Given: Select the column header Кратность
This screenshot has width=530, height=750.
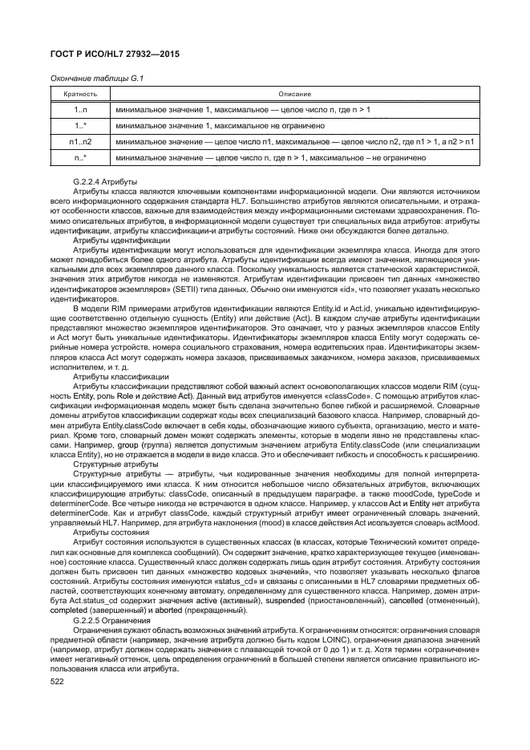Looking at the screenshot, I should coord(80,93).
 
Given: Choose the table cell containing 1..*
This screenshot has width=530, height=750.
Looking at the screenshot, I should coord(80,125).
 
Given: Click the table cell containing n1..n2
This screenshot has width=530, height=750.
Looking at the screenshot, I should coord(80,141).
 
